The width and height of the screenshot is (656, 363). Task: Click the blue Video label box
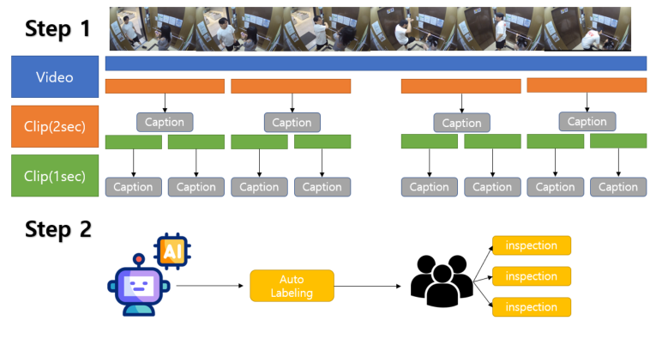point(55,76)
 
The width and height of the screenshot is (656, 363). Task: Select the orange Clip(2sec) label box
point(55,126)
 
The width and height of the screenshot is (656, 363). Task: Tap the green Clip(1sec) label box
point(55,175)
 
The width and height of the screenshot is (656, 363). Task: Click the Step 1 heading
point(57,28)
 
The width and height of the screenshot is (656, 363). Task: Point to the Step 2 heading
point(58,229)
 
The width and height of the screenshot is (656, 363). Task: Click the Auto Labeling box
point(292,286)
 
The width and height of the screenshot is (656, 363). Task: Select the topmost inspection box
point(532,245)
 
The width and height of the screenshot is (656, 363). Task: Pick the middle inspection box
point(532,276)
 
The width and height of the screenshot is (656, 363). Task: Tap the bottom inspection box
point(532,307)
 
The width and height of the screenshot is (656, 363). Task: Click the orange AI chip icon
point(172,251)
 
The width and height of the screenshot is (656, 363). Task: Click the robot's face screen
point(139,287)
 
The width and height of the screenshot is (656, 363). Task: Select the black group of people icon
point(442,281)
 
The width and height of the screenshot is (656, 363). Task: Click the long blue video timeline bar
point(376,64)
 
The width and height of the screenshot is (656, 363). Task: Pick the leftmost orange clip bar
point(165,86)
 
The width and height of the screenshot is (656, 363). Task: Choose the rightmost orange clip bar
point(587,85)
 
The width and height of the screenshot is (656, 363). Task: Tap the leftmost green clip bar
point(134,142)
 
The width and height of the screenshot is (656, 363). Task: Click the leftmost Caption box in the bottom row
point(134,187)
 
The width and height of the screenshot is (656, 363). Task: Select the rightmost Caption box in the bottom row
point(618,187)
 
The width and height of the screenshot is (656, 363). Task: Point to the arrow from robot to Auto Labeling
point(209,286)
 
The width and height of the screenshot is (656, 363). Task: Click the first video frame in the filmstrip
point(153,29)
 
